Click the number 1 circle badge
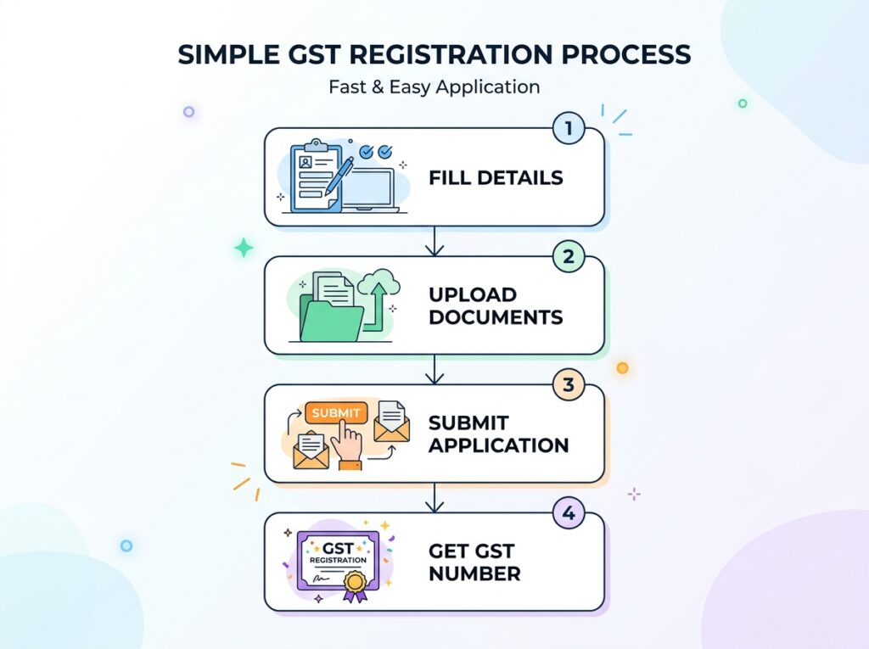click(569, 130)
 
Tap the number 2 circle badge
click(569, 257)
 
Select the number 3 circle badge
click(569, 386)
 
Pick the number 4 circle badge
click(569, 513)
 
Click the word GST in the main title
click(319, 54)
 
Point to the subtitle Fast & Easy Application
click(434, 87)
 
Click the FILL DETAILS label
click(496, 178)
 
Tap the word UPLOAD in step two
click(473, 295)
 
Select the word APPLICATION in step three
click(498, 445)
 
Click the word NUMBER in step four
click(474, 573)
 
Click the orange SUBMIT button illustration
click(337, 413)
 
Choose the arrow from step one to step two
click(434, 242)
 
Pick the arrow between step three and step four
click(434, 498)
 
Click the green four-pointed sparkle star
click(244, 248)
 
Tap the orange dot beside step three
click(622, 367)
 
